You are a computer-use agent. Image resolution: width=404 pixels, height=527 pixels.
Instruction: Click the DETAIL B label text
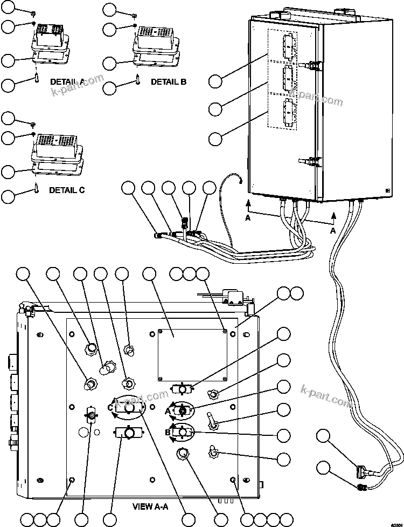point(168,82)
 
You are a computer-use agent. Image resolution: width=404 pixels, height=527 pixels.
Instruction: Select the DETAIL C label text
point(67,190)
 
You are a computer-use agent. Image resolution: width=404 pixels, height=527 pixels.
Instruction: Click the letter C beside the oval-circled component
point(110,408)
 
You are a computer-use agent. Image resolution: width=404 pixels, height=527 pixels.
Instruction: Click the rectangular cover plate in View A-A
point(192,353)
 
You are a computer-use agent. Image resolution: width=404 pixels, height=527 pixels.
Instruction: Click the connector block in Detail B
point(156,38)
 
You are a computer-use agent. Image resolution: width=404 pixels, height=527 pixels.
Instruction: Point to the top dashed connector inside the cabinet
point(288,48)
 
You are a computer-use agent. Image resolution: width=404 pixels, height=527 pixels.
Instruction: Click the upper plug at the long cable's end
point(361,471)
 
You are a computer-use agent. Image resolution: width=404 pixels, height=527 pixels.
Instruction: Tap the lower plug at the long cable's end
point(361,487)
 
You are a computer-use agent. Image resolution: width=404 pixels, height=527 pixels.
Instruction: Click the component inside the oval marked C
point(129,409)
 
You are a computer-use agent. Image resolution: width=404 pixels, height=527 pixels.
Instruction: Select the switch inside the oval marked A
point(183,411)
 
